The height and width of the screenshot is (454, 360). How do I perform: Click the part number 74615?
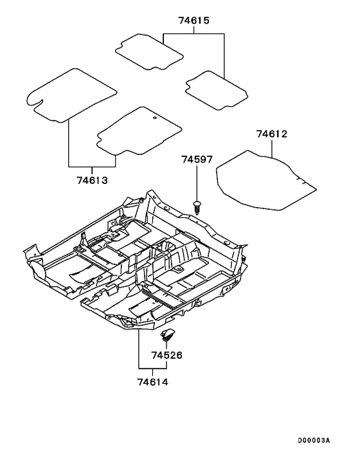coord(194,21)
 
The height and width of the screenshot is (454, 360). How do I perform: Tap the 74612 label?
coord(271,134)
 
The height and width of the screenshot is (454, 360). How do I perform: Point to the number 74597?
coord(196,159)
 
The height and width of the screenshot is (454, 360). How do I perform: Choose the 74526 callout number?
coord(167,354)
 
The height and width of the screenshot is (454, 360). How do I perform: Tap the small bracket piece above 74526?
coord(168,333)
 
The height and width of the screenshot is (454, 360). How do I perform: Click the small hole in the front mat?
coord(156,118)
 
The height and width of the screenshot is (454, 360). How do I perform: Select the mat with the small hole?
coord(138,132)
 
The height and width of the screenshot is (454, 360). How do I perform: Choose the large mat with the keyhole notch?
coord(71,95)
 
